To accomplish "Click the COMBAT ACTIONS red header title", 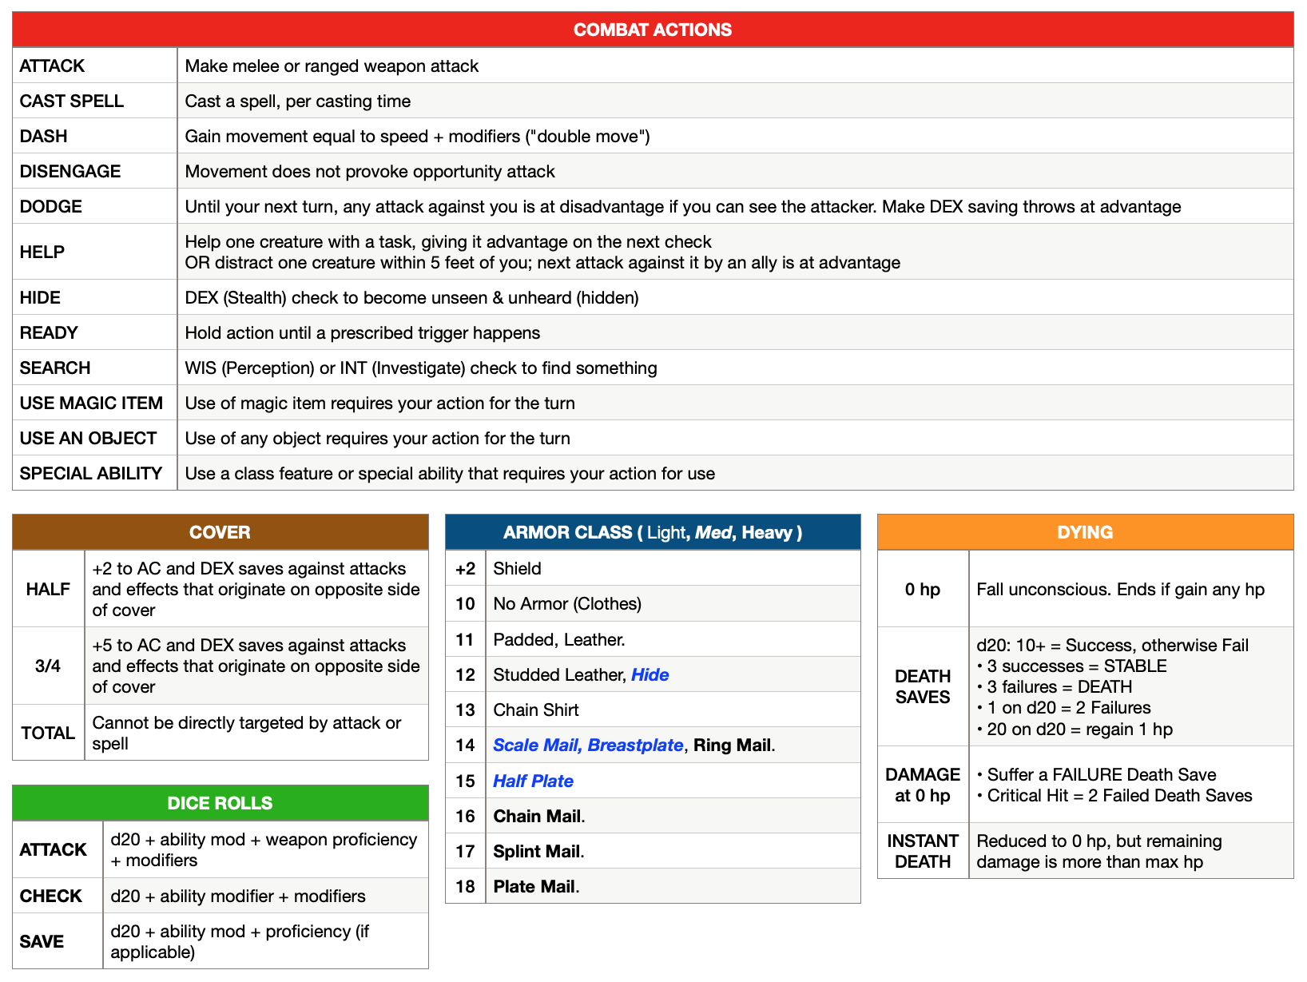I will [652, 30].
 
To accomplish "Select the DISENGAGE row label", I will [70, 171].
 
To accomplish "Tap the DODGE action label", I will [51, 206].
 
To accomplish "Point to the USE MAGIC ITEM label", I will [91, 403].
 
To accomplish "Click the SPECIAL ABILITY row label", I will [91, 473].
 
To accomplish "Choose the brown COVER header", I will [220, 532].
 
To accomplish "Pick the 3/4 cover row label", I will [48, 666].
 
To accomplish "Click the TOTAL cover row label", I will [48, 733].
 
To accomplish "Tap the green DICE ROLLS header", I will [220, 803].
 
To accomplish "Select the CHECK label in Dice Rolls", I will [51, 896].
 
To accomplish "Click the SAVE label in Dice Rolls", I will [42, 941].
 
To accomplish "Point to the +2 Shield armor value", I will [465, 568].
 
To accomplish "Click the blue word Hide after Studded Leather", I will [650, 674].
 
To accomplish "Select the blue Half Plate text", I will [533, 781].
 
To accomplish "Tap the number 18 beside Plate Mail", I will [465, 886].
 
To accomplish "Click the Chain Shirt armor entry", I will [536, 710].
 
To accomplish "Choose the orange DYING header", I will [1084, 532].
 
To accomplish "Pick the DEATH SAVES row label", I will [923, 686].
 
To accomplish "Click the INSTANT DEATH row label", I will [923, 851].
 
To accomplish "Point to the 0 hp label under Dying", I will [923, 589].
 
